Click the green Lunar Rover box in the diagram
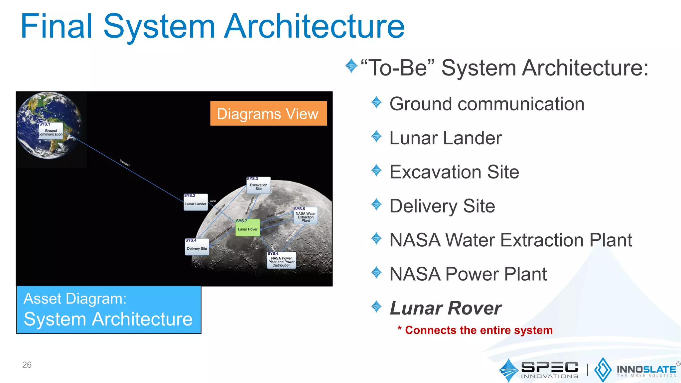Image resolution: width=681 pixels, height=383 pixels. [247, 228]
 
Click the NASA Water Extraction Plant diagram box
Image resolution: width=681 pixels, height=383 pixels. [306, 216]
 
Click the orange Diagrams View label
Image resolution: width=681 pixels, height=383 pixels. [268, 114]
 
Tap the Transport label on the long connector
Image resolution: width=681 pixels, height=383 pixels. [125, 163]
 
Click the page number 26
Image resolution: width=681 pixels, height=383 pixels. [27, 365]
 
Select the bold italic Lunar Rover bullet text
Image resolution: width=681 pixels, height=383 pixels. [446, 308]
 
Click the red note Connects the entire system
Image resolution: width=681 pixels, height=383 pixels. [478, 330]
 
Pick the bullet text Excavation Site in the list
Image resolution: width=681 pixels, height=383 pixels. [454, 172]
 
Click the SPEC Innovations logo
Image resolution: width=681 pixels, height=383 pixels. [539, 370]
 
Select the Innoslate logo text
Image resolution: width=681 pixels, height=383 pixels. [646, 370]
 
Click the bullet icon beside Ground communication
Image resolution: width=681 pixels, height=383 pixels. [376, 102]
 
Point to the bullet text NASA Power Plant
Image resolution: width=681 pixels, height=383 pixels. [468, 274]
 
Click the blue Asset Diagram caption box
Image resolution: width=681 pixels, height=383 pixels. [109, 310]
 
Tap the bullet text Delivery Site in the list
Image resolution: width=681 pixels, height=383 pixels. [442, 206]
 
